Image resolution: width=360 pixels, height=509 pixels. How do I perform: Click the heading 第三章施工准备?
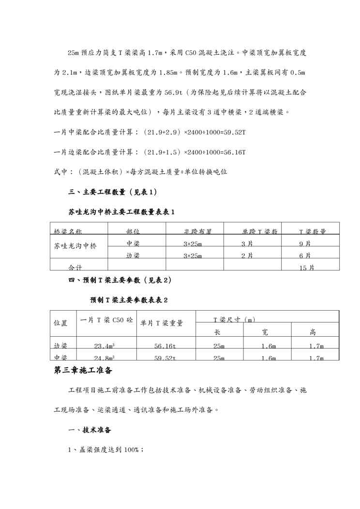(x=83, y=371)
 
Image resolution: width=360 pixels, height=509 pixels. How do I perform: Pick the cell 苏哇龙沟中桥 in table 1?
(x=75, y=246)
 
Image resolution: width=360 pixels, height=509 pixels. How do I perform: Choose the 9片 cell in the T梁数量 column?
(x=305, y=244)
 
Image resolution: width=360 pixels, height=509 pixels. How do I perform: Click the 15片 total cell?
(x=307, y=268)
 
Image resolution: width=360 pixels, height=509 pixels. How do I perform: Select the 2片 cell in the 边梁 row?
(x=247, y=256)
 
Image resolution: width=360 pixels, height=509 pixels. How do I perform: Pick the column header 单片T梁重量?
(x=162, y=323)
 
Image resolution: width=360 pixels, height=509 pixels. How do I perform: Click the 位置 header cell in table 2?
(x=60, y=323)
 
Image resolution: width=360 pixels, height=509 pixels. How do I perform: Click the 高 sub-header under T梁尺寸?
(x=313, y=332)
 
